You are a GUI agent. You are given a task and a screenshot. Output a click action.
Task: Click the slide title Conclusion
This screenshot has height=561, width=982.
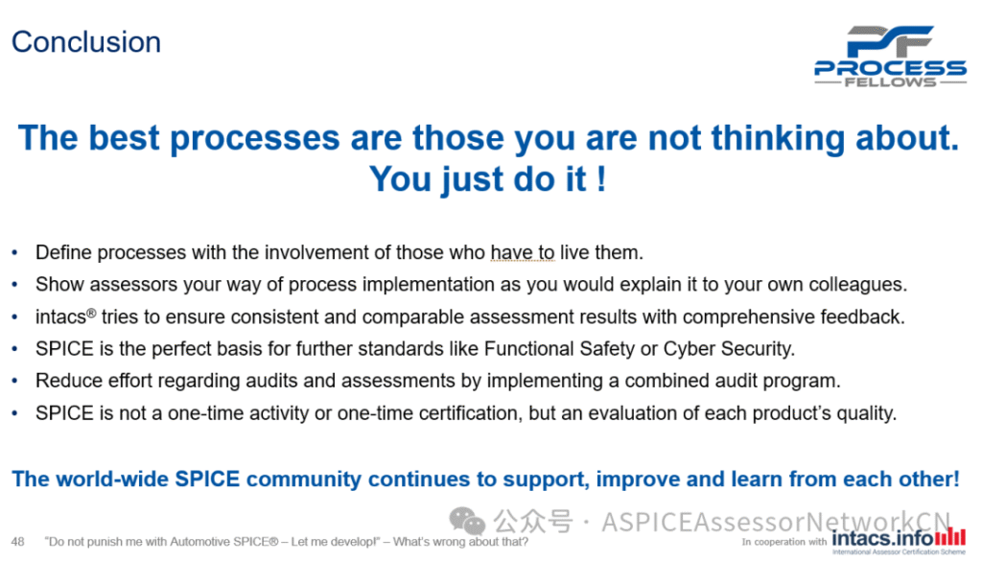tap(86, 42)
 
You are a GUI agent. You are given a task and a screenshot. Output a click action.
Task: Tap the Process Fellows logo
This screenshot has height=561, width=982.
tap(890, 57)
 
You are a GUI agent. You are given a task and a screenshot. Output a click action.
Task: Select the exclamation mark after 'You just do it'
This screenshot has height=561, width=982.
tap(601, 179)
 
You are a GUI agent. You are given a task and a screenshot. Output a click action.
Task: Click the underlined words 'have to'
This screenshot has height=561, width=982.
tap(523, 252)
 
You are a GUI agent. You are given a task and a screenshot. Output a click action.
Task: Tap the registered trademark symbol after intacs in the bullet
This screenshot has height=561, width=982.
tap(91, 312)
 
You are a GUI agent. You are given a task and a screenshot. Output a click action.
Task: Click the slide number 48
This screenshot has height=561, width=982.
tap(17, 542)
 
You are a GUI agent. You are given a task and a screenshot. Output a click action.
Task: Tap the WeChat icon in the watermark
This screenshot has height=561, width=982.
tap(467, 521)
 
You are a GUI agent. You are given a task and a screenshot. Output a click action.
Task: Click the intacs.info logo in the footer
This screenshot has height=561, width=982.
tap(899, 540)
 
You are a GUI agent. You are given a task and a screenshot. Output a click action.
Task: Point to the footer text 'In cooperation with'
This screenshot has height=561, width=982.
tap(784, 542)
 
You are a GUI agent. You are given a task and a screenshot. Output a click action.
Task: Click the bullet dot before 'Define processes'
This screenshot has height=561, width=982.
tap(15, 253)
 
